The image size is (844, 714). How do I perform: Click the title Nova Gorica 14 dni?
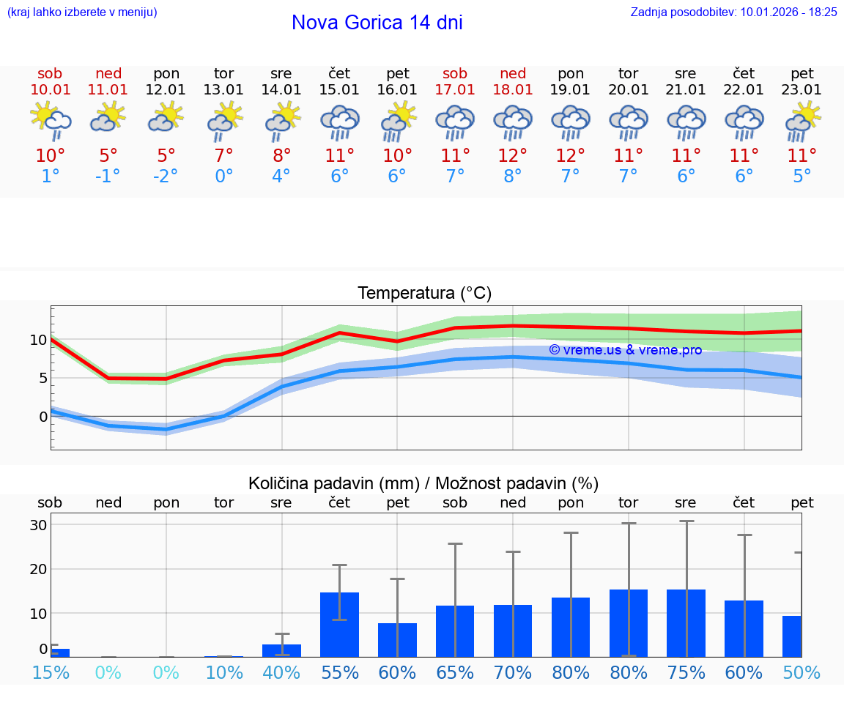(x=377, y=23)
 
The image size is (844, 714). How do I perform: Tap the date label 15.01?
(x=339, y=89)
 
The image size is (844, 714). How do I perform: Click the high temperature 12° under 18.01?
(x=513, y=155)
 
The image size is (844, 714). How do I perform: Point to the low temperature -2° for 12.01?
(x=166, y=176)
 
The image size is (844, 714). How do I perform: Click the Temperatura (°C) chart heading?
(x=424, y=293)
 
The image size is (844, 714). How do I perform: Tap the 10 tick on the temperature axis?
(x=38, y=340)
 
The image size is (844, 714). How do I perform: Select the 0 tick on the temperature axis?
(x=43, y=417)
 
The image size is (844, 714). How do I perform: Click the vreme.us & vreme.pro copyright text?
(x=625, y=350)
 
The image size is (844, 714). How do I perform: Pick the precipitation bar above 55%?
(x=340, y=624)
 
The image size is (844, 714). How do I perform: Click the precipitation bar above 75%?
(x=686, y=622)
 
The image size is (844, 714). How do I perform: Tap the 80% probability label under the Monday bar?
(x=571, y=672)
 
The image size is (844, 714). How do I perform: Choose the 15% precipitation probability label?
(x=51, y=672)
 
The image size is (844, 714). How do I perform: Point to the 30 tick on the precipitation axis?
(x=38, y=525)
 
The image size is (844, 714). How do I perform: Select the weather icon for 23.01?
(x=802, y=121)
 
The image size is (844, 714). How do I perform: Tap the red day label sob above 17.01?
(x=455, y=73)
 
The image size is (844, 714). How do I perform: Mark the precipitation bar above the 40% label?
(x=282, y=650)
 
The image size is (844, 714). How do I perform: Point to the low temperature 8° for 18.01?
(x=513, y=176)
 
